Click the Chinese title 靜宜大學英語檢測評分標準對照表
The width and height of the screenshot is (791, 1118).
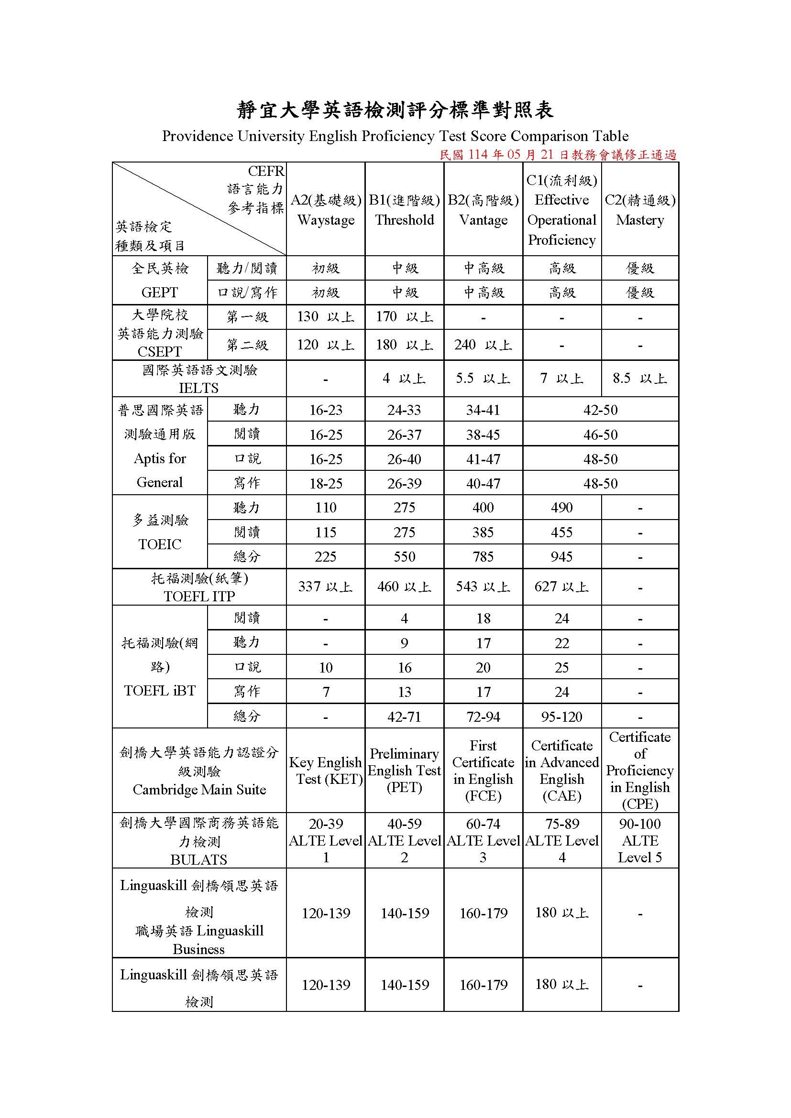395,110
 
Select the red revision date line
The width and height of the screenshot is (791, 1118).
558,155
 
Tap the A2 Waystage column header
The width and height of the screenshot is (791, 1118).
326,210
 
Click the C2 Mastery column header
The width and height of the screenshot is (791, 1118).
640,210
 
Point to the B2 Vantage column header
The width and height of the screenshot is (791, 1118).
483,210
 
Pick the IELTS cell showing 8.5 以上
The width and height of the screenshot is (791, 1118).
640,379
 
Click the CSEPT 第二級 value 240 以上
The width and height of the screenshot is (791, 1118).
483,345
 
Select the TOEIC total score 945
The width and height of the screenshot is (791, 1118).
561,556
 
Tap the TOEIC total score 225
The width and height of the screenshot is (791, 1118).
325,556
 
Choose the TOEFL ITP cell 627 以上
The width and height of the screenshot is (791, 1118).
561,587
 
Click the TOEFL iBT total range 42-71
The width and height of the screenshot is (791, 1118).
404,717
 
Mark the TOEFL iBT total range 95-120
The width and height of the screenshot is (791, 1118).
561,717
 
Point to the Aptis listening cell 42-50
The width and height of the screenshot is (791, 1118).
601,410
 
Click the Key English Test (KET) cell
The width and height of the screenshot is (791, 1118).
326,771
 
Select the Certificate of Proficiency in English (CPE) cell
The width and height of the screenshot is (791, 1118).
640,771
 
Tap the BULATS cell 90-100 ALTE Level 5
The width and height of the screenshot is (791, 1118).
640,840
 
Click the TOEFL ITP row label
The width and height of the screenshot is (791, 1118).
199,587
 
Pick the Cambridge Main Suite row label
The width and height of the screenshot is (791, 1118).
199,771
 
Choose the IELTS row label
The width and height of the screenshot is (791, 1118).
199,379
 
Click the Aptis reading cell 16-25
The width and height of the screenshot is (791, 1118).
326,434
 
